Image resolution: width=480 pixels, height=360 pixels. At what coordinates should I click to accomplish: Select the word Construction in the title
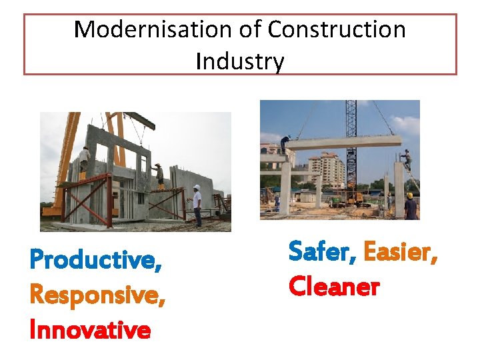click(x=337, y=29)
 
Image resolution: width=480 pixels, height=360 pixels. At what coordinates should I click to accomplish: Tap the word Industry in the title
click(x=240, y=62)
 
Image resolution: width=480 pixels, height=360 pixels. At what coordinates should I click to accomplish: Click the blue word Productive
click(x=95, y=259)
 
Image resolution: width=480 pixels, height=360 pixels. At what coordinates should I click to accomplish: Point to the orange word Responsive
click(x=97, y=294)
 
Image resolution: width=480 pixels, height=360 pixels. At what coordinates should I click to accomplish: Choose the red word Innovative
click(x=91, y=329)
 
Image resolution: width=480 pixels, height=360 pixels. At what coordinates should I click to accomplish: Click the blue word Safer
click(x=319, y=251)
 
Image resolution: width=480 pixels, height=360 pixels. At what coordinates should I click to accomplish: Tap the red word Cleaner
click(x=334, y=287)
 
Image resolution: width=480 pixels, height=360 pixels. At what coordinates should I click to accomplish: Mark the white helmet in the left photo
click(x=197, y=188)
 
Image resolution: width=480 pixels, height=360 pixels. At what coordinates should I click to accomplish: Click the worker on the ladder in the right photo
click(x=406, y=161)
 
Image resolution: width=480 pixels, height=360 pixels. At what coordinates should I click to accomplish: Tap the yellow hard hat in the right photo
click(x=409, y=195)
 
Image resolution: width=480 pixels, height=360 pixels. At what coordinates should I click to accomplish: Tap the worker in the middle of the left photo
click(x=159, y=175)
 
